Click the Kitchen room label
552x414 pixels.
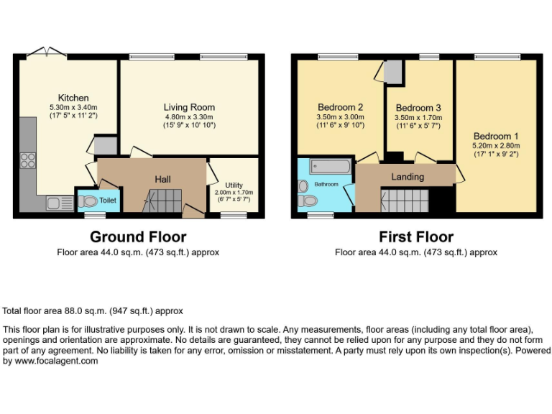[x=73, y=98]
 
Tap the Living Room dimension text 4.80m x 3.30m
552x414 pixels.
[x=189, y=116]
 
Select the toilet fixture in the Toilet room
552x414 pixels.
[x=88, y=201]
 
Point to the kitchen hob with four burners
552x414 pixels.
[x=29, y=160]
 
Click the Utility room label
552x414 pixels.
[x=234, y=185]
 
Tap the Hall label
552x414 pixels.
[x=162, y=178]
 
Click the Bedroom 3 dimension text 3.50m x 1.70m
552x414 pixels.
[x=418, y=118]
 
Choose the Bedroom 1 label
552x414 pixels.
[x=496, y=136]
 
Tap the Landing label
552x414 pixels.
[x=407, y=177]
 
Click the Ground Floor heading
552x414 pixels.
[x=138, y=236]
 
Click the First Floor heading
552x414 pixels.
[x=416, y=236]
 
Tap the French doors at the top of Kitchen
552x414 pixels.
[x=46, y=52]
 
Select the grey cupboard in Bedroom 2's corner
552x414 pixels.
[x=392, y=72]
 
